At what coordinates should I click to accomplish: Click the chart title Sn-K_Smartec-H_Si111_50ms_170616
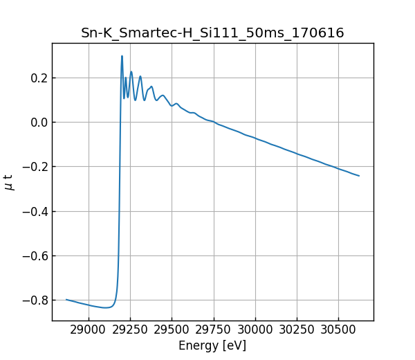pyautogui.click(x=212, y=33)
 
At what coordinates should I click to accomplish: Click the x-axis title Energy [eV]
pyautogui.click(x=212, y=345)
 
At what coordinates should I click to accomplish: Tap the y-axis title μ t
pyautogui.click(x=9, y=182)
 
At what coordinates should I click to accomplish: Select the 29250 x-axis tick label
pyautogui.click(x=131, y=331)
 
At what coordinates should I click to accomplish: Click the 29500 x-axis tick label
pyautogui.click(x=172, y=331)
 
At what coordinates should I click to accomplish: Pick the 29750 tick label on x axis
pyautogui.click(x=214, y=331)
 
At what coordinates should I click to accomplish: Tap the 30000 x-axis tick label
pyautogui.click(x=255, y=331)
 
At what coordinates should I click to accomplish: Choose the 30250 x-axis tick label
pyautogui.click(x=297, y=331)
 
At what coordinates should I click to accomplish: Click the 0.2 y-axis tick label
pyautogui.click(x=37, y=78)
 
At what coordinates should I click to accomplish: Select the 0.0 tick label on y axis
pyautogui.click(x=37, y=123)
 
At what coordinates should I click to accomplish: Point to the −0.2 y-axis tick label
pyautogui.click(x=34, y=167)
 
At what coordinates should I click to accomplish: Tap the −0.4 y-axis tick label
pyautogui.click(x=34, y=211)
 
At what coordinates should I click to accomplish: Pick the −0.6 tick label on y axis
pyautogui.click(x=34, y=255)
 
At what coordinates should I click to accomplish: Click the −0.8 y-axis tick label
pyautogui.click(x=34, y=300)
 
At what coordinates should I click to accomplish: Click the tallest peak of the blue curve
pyautogui.click(x=122, y=57)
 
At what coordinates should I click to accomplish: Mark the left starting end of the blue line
pyautogui.click(x=66, y=300)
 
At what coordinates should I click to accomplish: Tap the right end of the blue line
pyautogui.click(x=359, y=176)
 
